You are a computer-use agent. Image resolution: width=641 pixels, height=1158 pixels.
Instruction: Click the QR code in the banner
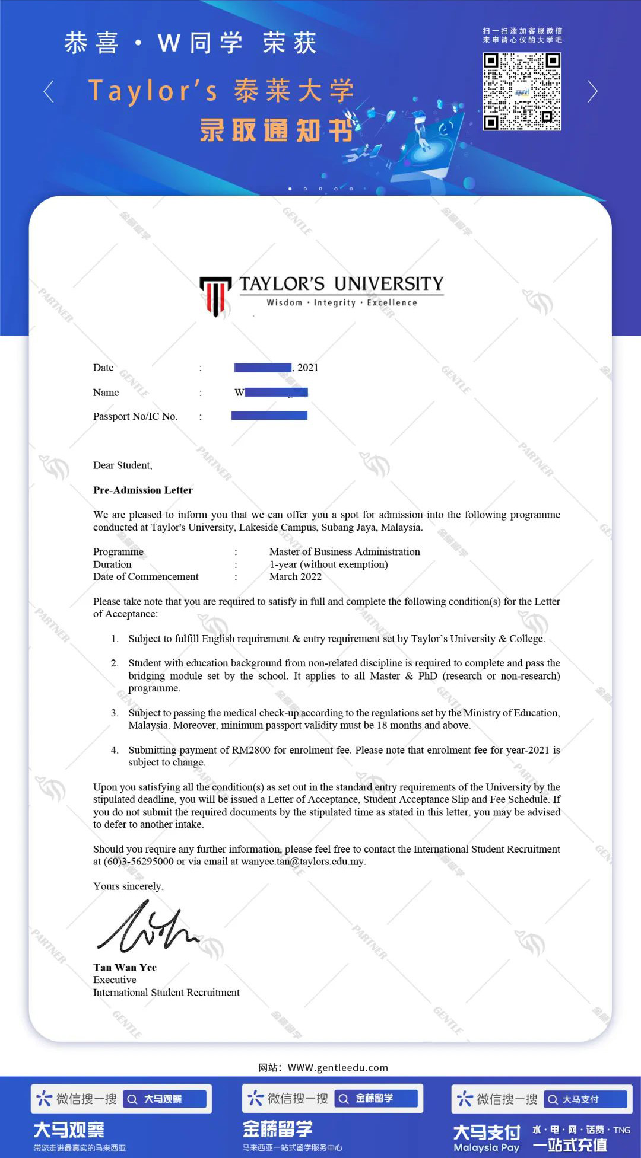(522, 91)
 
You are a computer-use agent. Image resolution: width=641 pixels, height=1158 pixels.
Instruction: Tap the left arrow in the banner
(49, 91)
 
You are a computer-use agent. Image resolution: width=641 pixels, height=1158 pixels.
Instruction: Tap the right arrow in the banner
(592, 91)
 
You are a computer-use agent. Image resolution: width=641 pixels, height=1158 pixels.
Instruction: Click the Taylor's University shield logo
(215, 295)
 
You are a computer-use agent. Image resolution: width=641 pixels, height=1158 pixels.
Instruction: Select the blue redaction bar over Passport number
(269, 416)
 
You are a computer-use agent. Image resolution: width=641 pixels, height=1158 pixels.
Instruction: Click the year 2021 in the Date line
(307, 368)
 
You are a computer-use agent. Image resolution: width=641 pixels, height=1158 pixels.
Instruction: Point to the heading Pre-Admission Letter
(142, 490)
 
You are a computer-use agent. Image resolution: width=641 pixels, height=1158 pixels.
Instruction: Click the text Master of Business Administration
(344, 552)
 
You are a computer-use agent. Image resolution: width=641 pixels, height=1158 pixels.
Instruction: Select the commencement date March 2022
(295, 577)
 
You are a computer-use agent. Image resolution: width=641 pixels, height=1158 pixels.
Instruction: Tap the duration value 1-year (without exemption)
(328, 564)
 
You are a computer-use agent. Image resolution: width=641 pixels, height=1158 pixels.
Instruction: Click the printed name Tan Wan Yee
(125, 968)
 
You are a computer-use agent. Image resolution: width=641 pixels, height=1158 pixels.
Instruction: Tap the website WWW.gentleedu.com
(338, 1068)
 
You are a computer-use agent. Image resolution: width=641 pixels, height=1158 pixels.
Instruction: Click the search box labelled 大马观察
(165, 1099)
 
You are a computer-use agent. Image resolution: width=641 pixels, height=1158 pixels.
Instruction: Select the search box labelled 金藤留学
(376, 1099)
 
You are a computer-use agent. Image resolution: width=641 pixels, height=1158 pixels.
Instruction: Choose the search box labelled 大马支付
(585, 1099)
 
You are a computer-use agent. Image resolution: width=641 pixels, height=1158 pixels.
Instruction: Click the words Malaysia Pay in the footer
(486, 1148)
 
